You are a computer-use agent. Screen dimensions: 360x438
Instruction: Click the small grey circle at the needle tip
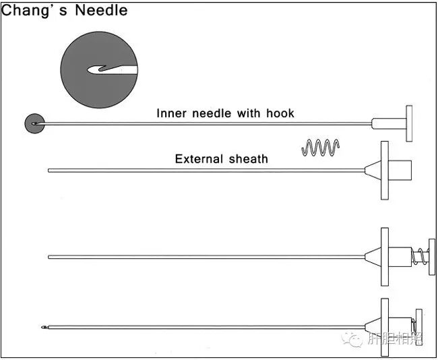(34, 123)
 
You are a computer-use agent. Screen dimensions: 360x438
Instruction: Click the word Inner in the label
(173, 113)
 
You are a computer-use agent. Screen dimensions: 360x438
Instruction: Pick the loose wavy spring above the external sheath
(321, 148)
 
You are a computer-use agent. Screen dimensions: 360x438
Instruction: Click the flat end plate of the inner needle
(409, 123)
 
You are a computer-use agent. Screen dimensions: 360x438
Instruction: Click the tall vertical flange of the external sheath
(385, 170)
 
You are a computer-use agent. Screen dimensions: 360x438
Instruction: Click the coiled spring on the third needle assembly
(420, 257)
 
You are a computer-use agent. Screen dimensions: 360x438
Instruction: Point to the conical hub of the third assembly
(373, 257)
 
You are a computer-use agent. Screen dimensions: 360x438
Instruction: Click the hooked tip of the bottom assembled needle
(45, 328)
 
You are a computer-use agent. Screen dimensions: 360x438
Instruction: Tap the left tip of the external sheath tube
(50, 170)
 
